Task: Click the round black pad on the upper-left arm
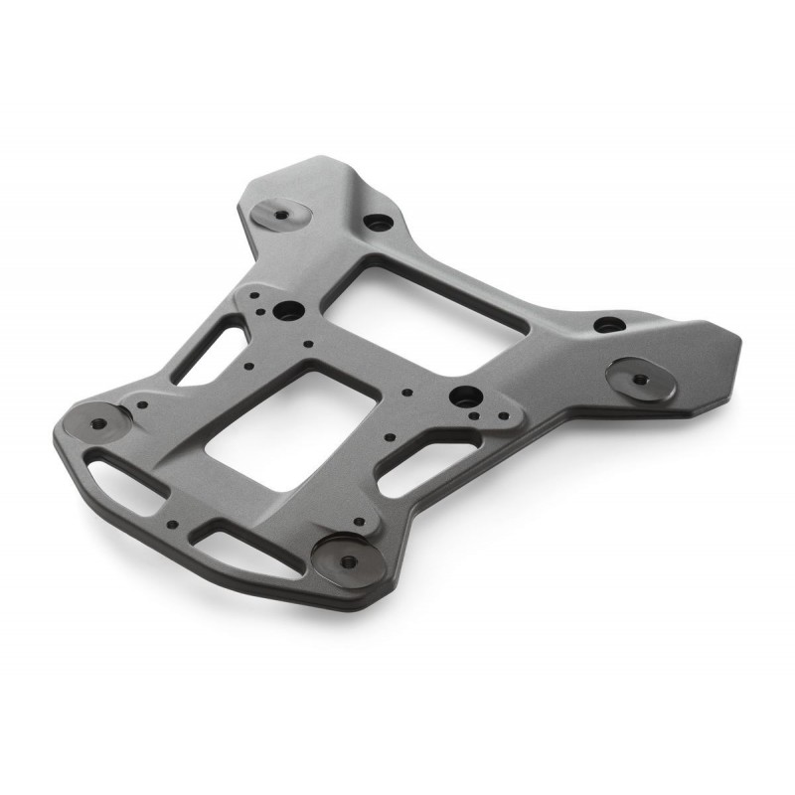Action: (x=277, y=213)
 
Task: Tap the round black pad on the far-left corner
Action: (x=95, y=421)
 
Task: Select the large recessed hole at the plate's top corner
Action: (x=376, y=222)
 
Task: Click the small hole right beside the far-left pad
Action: (x=143, y=403)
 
